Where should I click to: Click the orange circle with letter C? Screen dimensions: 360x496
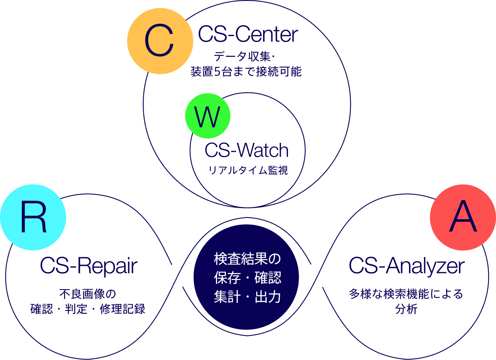point(160,41)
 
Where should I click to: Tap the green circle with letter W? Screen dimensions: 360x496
point(208,116)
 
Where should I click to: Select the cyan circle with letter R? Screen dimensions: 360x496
point(33,217)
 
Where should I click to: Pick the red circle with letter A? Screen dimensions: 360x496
point(462,217)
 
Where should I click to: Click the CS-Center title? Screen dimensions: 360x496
point(248,35)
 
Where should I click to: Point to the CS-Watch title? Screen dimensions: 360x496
point(246,151)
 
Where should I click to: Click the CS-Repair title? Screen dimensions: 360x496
point(89,266)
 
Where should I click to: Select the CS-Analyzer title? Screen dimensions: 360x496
point(406,266)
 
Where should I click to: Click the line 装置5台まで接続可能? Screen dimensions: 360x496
point(246,72)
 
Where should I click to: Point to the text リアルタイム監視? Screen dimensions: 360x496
point(248,171)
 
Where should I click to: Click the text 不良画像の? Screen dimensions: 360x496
point(87,294)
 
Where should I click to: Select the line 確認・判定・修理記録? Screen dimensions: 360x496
point(88,309)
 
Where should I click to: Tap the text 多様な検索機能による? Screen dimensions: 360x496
point(406,294)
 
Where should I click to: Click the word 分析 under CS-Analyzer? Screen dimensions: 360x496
point(406,309)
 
